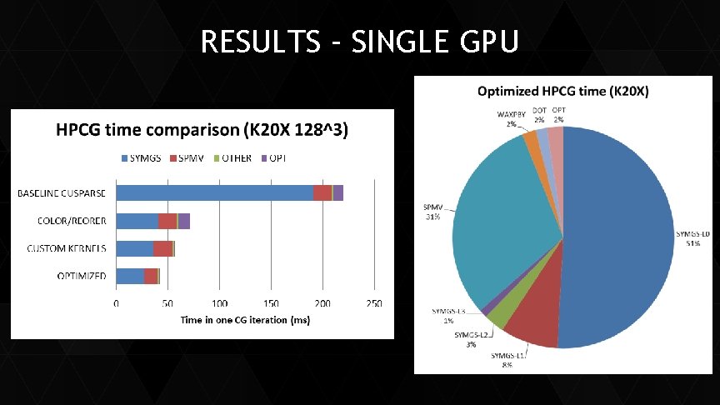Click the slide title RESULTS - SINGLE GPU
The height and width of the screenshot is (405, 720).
[x=359, y=41]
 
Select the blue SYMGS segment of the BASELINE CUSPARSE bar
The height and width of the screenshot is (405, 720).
[x=214, y=192]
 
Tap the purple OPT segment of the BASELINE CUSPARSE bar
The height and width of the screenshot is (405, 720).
[x=338, y=192]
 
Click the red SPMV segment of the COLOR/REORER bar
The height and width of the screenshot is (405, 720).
[x=167, y=221]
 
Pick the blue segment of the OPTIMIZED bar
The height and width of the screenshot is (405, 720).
[x=130, y=276]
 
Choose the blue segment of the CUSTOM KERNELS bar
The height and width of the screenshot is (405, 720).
[x=134, y=248]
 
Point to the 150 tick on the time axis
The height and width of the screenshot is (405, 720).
[x=272, y=303]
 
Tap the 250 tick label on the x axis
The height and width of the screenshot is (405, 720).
[x=374, y=303]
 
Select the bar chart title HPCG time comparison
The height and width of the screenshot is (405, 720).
[x=202, y=131]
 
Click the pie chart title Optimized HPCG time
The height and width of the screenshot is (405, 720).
[x=563, y=90]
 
